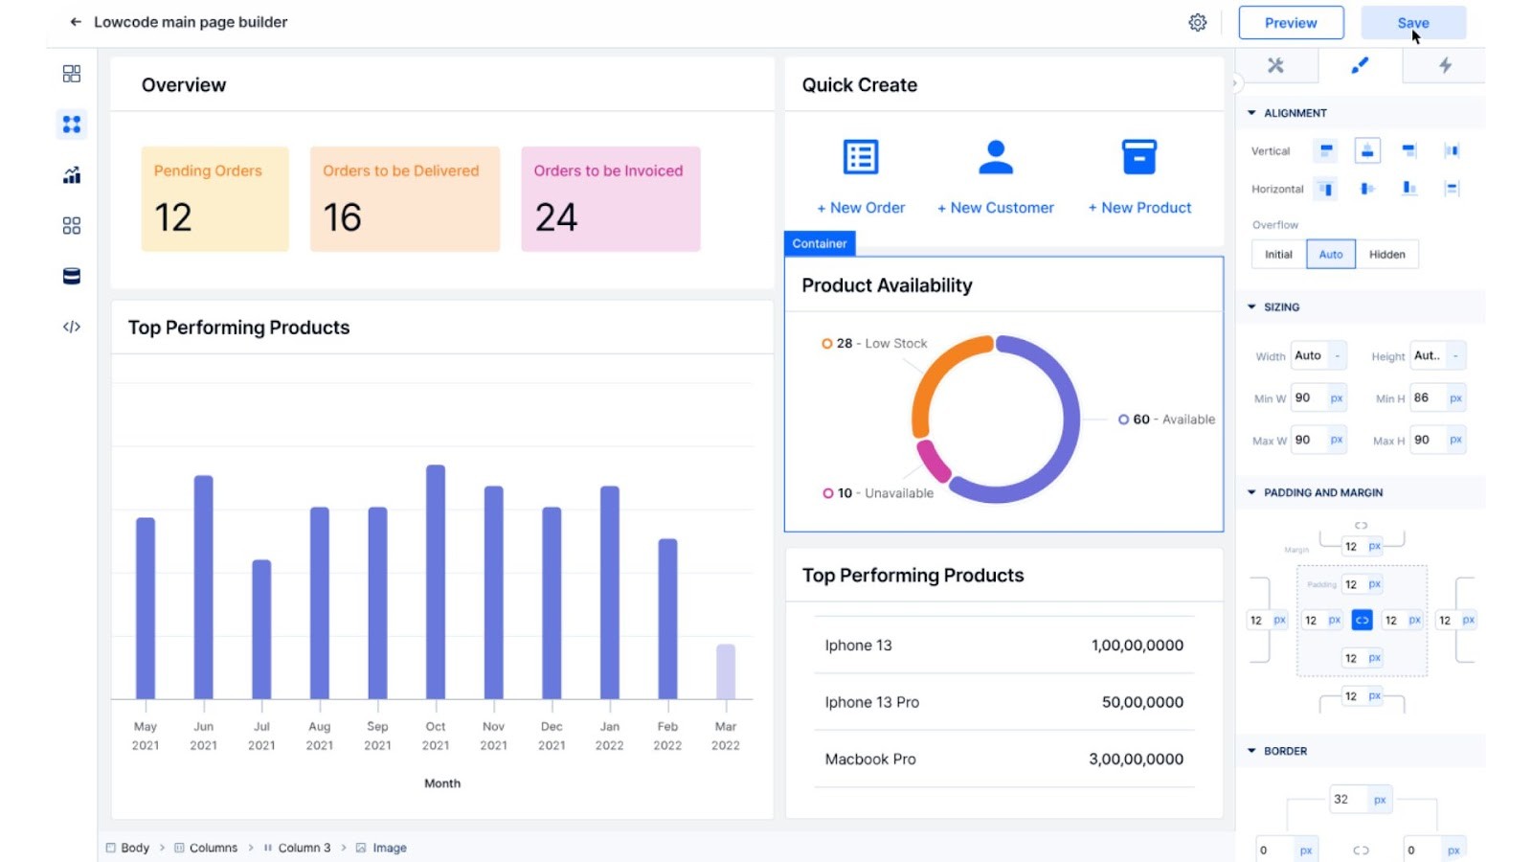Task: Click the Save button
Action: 1412,23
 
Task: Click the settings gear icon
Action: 1197,23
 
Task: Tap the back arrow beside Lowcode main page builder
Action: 76,22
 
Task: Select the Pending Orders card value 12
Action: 173,217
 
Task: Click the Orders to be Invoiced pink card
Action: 610,199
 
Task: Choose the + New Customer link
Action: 995,208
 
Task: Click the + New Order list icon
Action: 860,157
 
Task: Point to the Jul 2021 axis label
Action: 261,736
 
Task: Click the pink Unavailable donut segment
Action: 932,462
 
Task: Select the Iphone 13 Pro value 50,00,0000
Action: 1141,702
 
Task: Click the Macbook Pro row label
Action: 869,760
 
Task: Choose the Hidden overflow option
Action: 1386,255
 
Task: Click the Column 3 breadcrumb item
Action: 304,848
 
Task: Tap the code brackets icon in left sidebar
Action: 72,328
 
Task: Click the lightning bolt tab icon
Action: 1444,65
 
